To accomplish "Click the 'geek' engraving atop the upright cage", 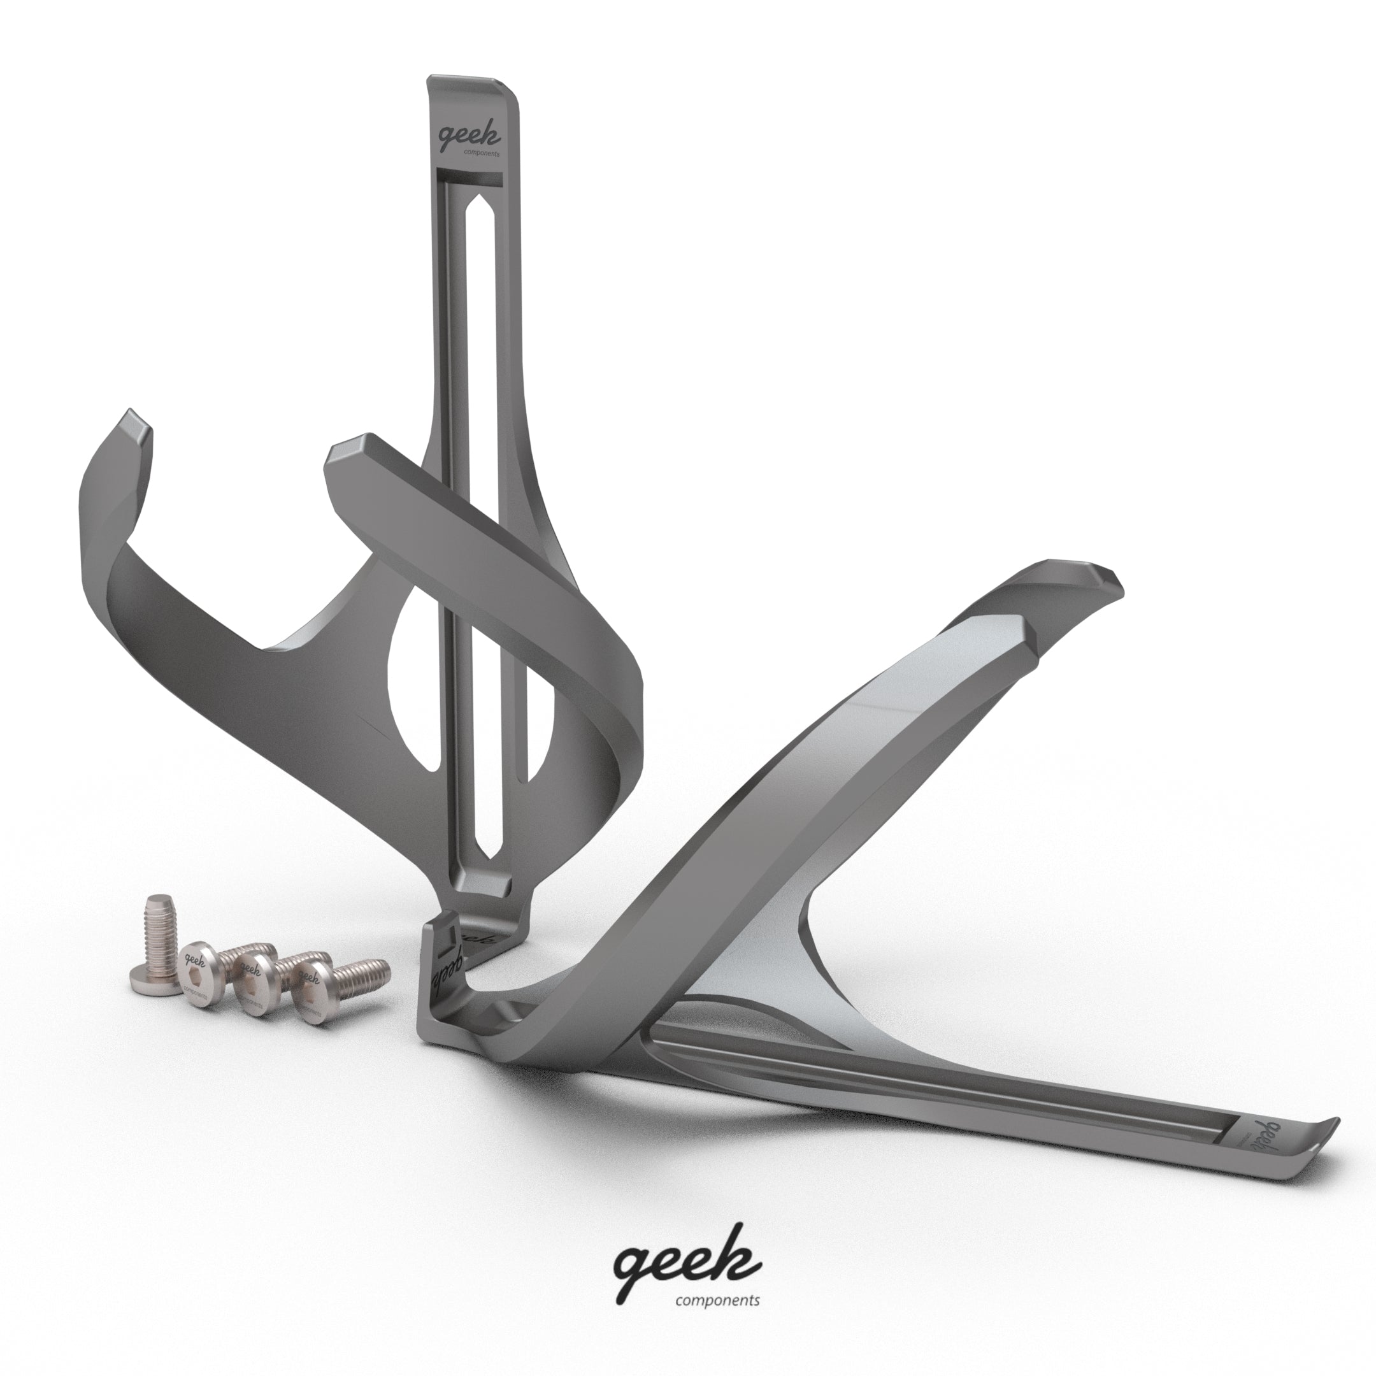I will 468,135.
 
